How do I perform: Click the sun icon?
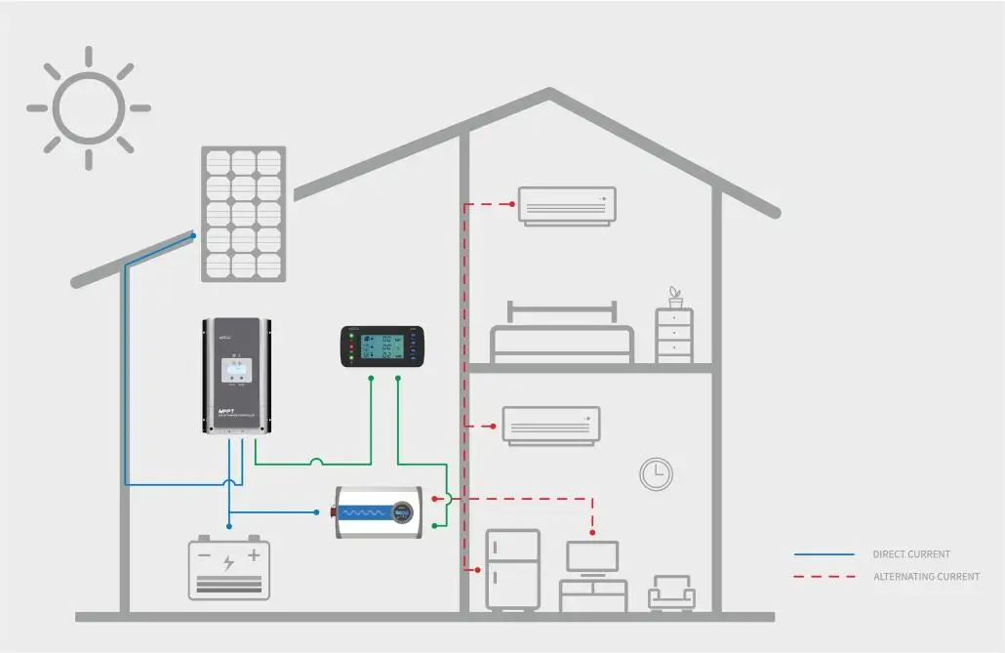[88, 107]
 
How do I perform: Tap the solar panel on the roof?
[244, 213]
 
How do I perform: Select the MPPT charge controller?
[237, 377]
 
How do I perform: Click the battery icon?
[229, 568]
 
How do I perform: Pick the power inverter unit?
[379, 511]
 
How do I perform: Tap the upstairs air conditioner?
[567, 206]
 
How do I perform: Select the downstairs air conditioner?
[551, 426]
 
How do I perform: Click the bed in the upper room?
[562, 337]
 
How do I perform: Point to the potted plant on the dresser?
[674, 296]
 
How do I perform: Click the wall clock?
[656, 474]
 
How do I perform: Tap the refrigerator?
[512, 570]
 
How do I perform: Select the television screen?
[592, 557]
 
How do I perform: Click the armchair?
[672, 593]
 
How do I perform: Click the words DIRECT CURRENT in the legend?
[911, 554]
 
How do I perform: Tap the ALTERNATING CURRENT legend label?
[926, 577]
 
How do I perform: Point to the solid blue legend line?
[824, 554]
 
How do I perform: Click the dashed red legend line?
[824, 577]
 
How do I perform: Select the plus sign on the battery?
[254, 556]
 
